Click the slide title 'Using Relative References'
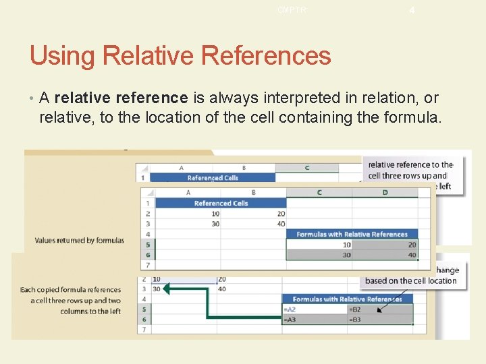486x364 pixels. (x=180, y=55)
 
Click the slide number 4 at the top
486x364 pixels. (x=411, y=10)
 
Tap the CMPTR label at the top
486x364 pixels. (x=291, y=9)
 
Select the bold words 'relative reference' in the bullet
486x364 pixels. (x=122, y=98)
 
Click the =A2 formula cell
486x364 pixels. (x=292, y=309)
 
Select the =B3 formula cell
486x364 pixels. (x=355, y=320)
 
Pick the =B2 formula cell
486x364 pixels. (x=355, y=309)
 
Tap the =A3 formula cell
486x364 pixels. (x=292, y=320)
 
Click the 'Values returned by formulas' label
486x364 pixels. (x=80, y=240)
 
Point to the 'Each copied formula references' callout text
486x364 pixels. (x=72, y=290)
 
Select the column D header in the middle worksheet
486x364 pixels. (x=385, y=192)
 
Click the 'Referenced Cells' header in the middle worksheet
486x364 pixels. (x=221, y=203)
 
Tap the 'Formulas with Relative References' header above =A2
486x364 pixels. (x=347, y=299)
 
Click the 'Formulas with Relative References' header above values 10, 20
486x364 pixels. (x=352, y=234)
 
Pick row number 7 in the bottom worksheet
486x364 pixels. (x=142, y=330)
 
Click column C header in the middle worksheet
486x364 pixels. (x=319, y=192)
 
